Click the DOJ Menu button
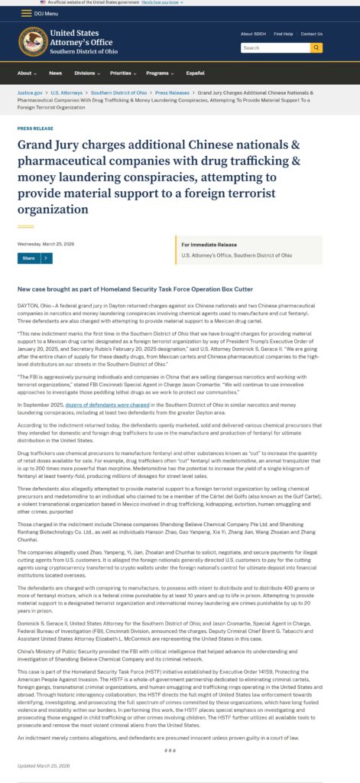point(41,14)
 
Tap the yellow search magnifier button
point(316,47)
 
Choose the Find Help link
point(283,34)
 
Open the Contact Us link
point(311,34)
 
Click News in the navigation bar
point(55,73)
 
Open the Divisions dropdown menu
point(86,73)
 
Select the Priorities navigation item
point(122,73)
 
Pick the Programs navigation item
point(159,73)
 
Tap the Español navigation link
point(196,73)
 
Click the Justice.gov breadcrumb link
point(30,93)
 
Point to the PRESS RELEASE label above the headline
point(35,128)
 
